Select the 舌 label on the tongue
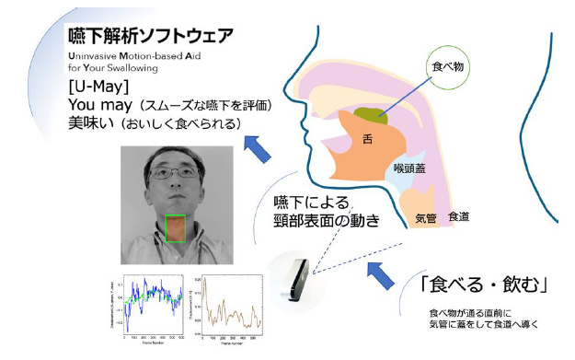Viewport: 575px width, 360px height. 368,141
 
